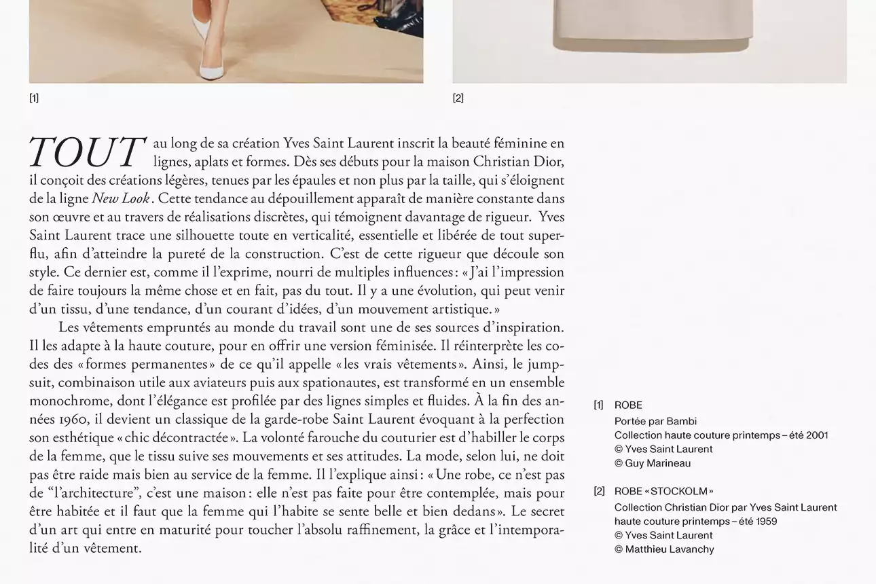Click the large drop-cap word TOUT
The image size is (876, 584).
pyautogui.click(x=87, y=152)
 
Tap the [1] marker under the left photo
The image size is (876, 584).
pyautogui.click(x=34, y=98)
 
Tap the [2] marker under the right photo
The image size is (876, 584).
pyautogui.click(x=458, y=98)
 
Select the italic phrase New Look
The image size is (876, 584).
pyautogui.click(x=121, y=199)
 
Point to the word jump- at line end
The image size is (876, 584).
pyautogui.click(x=545, y=364)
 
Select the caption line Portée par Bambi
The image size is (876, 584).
pyautogui.click(x=655, y=421)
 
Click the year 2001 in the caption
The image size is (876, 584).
pyautogui.click(x=817, y=435)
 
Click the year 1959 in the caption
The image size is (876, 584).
pyautogui.click(x=764, y=522)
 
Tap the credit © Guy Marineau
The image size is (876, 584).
pyautogui.click(x=653, y=463)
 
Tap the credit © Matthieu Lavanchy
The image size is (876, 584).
pyautogui.click(x=664, y=549)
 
